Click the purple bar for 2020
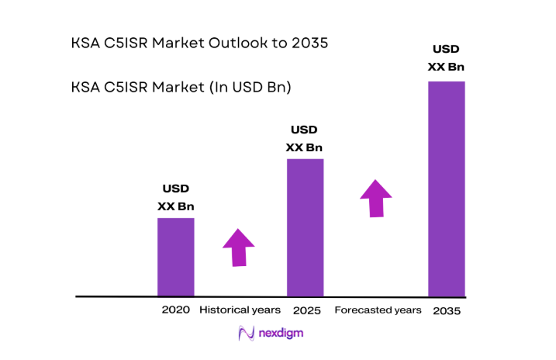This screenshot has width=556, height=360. [x=175, y=257]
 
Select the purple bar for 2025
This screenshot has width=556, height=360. [x=305, y=227]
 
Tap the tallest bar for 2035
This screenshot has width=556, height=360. [x=446, y=189]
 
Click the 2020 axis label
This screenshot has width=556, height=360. [x=175, y=310]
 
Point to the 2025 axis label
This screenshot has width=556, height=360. [x=307, y=310]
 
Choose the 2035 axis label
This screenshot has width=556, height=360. [x=447, y=310]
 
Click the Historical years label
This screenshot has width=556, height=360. [x=240, y=310]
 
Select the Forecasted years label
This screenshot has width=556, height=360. [x=378, y=310]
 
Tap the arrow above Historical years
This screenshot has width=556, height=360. [x=239, y=247]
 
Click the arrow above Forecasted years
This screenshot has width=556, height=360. [x=376, y=199]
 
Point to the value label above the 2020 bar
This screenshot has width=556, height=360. [x=175, y=198]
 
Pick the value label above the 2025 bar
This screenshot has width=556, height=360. [x=304, y=139]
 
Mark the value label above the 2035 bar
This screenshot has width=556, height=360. [x=446, y=58]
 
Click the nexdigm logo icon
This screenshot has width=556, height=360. [x=247, y=334]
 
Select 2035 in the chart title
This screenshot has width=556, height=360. [x=309, y=43]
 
